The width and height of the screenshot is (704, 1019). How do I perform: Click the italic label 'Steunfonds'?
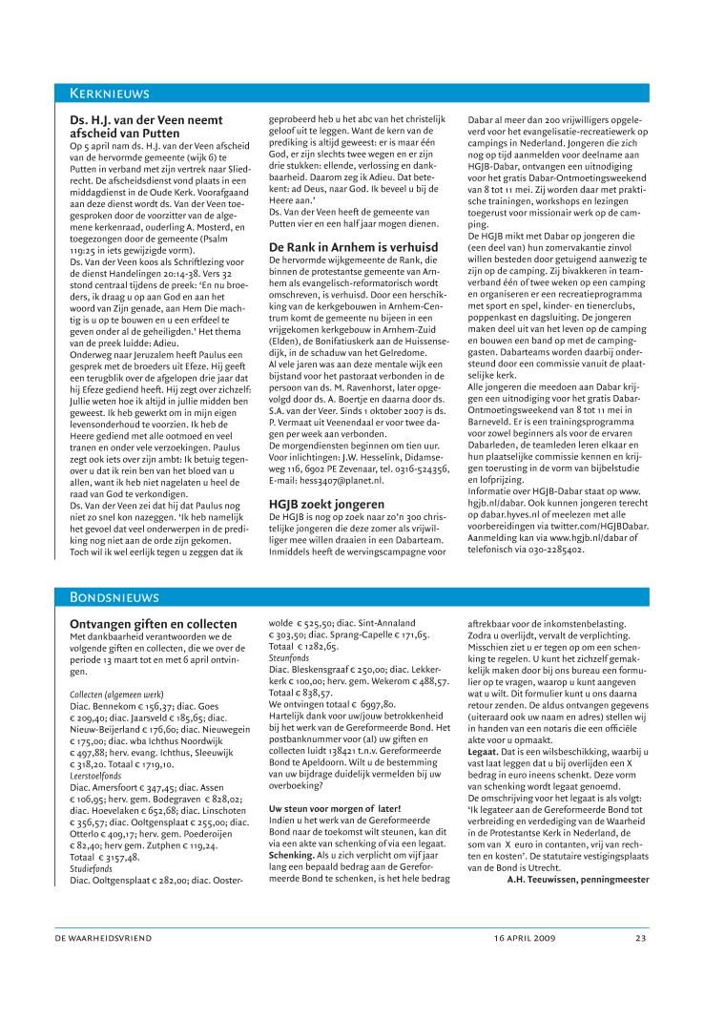pyautogui.click(x=288, y=657)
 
